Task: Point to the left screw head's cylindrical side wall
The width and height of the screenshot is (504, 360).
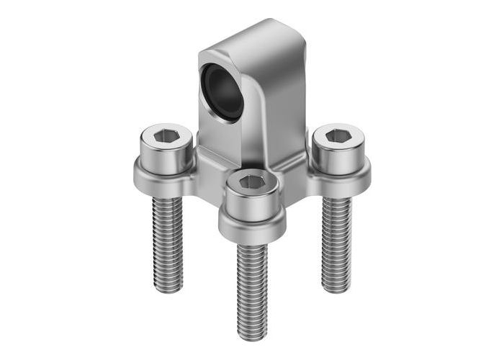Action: [165, 154]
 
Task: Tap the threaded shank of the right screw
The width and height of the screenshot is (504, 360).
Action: [336, 241]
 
